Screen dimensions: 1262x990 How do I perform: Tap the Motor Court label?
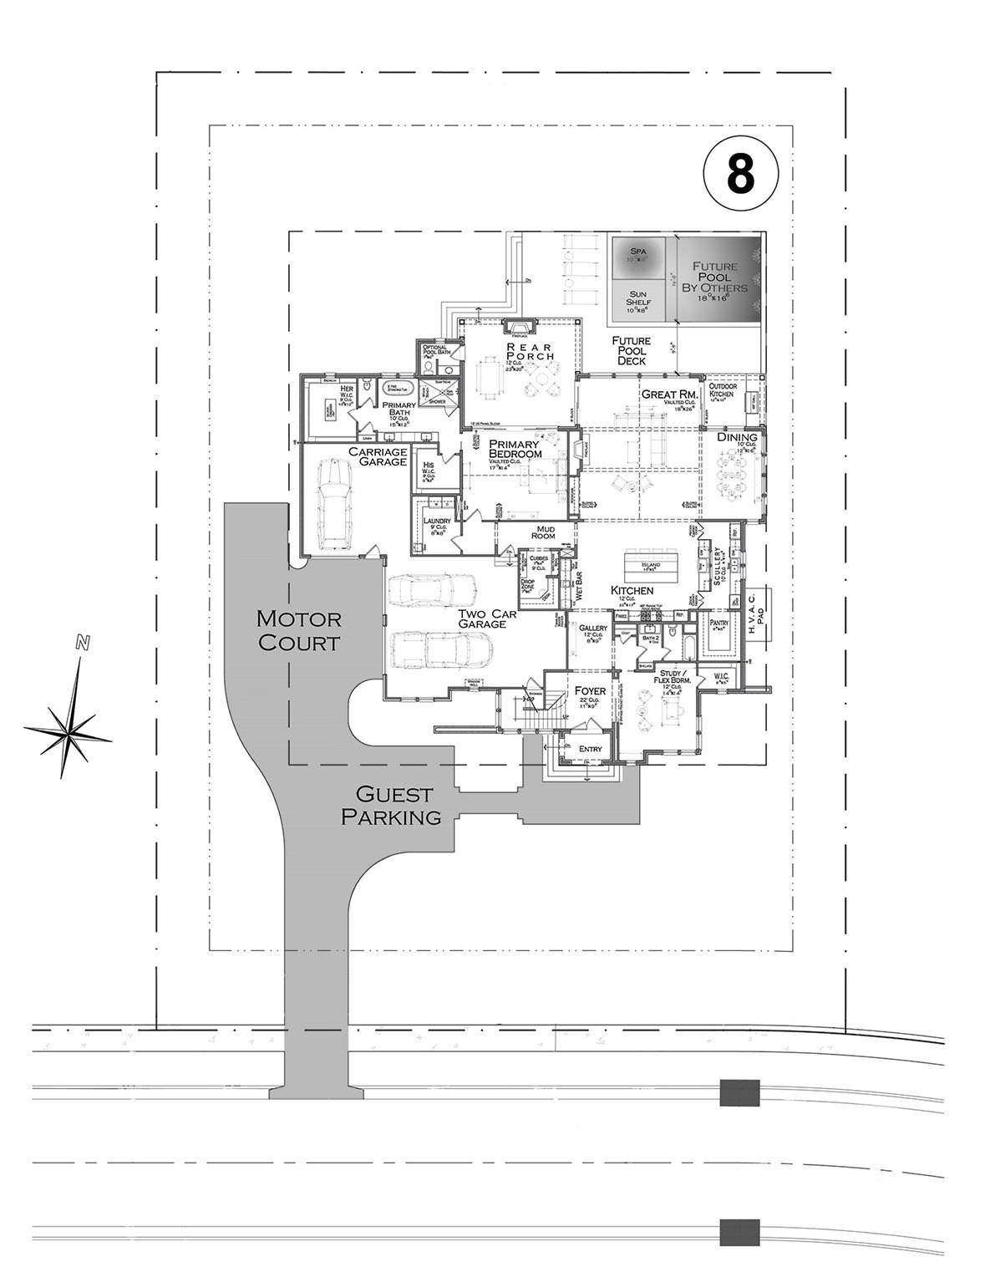point(299,631)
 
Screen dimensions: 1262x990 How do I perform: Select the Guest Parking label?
point(391,806)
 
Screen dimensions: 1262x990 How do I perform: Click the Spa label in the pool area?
point(638,251)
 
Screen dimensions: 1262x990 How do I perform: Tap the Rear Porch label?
point(527,352)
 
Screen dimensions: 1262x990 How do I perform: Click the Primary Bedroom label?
point(515,449)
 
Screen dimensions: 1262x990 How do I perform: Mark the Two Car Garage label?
point(483,618)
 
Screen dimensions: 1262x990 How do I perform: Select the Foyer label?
point(590,691)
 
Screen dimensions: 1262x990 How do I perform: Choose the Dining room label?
point(737,437)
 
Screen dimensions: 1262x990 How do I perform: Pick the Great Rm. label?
point(668,394)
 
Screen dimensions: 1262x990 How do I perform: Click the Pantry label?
point(718,623)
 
